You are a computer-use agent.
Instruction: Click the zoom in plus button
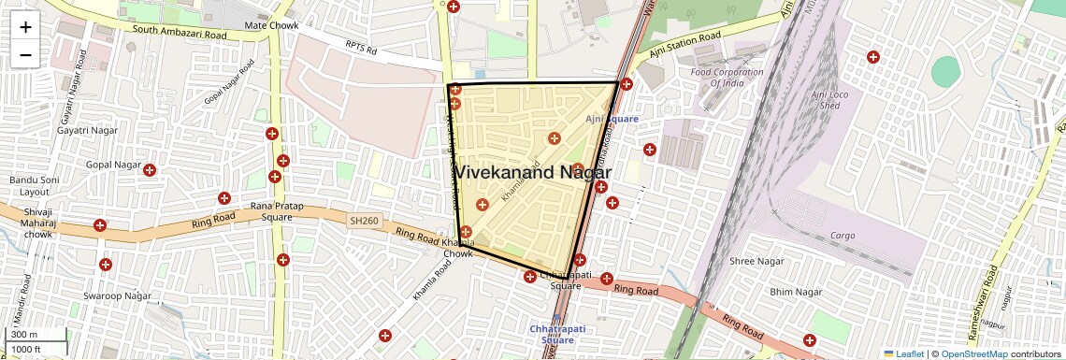click(x=25, y=27)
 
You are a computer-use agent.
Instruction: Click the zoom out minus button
click(x=25, y=55)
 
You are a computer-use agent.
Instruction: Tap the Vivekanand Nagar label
click(x=532, y=173)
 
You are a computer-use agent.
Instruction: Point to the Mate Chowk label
click(x=269, y=24)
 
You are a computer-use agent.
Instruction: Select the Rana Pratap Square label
click(x=271, y=211)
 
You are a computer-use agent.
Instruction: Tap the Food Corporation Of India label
click(x=727, y=78)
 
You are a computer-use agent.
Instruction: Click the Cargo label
click(x=848, y=236)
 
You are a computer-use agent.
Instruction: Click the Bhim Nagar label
click(x=795, y=293)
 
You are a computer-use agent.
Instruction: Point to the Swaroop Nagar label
click(x=117, y=296)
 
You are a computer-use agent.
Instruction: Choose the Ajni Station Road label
click(x=687, y=44)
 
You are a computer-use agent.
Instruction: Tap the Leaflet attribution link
click(x=902, y=353)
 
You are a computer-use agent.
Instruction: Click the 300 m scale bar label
click(x=25, y=335)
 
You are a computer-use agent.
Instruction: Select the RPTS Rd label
click(x=362, y=45)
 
